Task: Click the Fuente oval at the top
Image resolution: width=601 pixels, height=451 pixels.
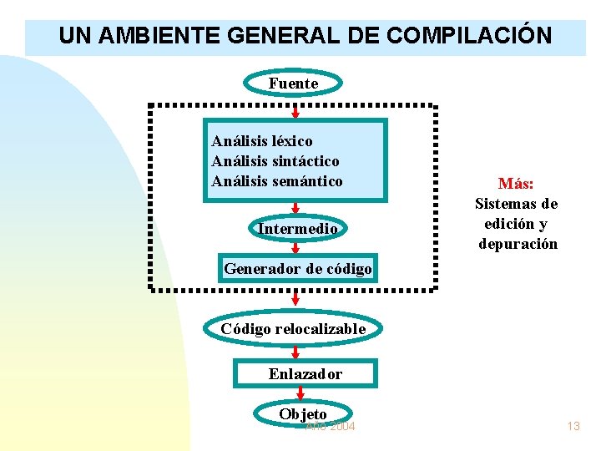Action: point(293,84)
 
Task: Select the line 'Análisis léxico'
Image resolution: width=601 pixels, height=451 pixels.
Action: point(262,142)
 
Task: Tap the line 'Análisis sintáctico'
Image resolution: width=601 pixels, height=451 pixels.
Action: point(275,161)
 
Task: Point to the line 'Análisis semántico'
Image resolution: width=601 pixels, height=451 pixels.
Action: point(277,180)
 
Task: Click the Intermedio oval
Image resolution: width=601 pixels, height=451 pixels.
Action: point(297,229)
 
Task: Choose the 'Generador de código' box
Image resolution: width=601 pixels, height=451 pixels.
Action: point(297,269)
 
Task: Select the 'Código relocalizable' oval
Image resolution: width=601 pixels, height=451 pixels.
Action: point(293,329)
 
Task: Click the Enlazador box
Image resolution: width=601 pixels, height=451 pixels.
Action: point(305,374)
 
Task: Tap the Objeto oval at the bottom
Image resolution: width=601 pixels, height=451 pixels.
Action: point(303,414)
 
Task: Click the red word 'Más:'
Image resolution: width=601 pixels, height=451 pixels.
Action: point(516,184)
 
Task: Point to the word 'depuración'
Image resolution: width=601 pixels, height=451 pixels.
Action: point(518,244)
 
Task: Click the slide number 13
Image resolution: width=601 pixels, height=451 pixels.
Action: point(573,426)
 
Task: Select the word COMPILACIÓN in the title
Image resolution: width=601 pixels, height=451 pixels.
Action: point(469,36)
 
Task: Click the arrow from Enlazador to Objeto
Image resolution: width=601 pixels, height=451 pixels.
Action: point(299,395)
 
